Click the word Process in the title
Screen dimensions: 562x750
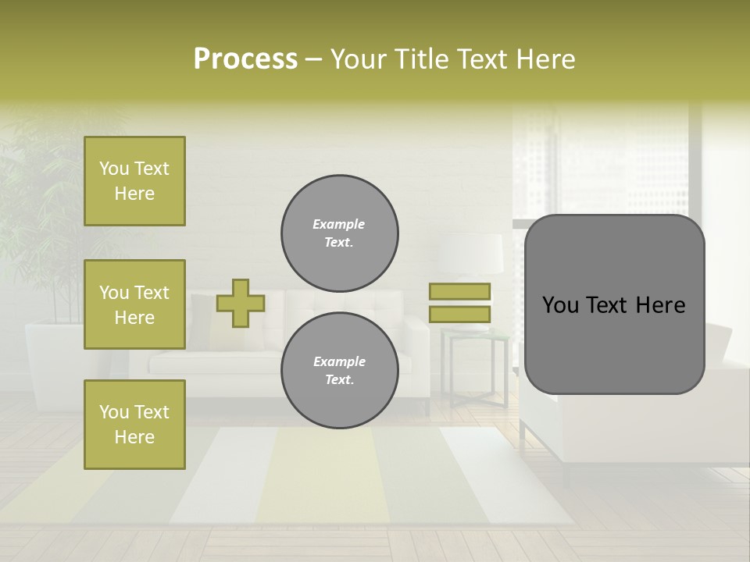pyautogui.click(x=245, y=59)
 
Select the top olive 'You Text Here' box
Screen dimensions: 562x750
pyautogui.click(x=134, y=181)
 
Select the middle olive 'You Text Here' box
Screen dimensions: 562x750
pyautogui.click(x=134, y=304)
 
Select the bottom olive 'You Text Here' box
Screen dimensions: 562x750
pyautogui.click(x=134, y=425)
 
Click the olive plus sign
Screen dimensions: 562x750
pyautogui.click(x=241, y=303)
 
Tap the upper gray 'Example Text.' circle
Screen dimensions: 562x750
pyautogui.click(x=339, y=233)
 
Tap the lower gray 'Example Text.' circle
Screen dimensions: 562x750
pyautogui.click(x=339, y=371)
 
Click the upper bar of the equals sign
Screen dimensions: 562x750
pyautogui.click(x=459, y=292)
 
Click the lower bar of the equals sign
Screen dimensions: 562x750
pyautogui.click(x=459, y=314)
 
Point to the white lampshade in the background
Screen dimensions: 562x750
pyautogui.click(x=470, y=254)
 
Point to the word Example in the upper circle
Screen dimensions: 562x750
pyautogui.click(x=339, y=224)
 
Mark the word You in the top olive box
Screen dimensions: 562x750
pyautogui.click(x=114, y=169)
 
